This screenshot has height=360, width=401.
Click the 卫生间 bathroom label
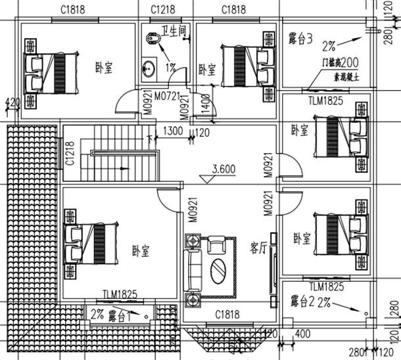click(175, 31)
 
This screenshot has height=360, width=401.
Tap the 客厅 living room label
click(258, 247)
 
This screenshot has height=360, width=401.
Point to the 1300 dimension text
click(172, 131)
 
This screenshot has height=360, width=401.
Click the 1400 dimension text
click(205, 104)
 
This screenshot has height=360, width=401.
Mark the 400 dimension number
click(302, 334)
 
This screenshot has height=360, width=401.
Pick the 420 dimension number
click(11, 102)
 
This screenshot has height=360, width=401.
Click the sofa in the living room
click(194, 270)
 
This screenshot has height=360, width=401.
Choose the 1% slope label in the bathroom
click(170, 67)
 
